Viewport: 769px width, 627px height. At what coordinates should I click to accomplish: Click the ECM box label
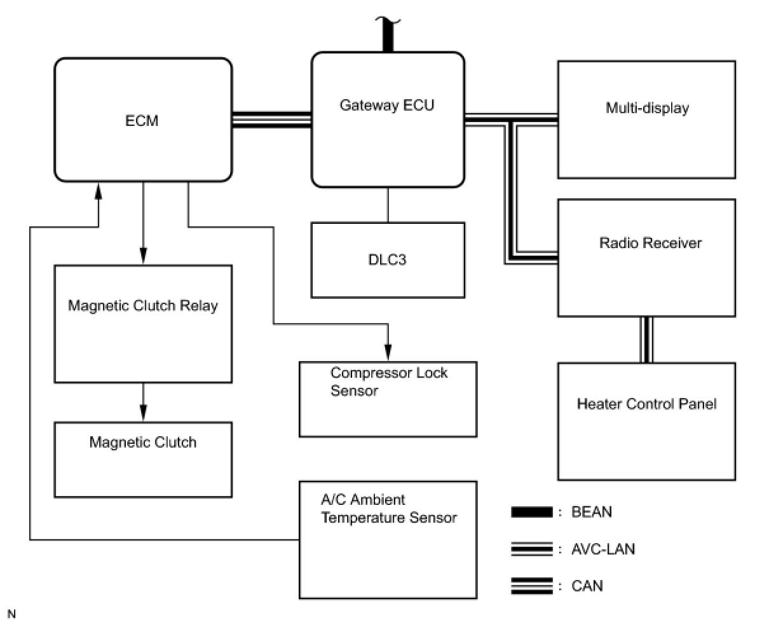tap(142, 121)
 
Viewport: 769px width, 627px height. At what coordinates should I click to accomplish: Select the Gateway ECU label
tap(387, 106)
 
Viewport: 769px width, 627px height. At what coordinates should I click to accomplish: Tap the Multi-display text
tap(647, 107)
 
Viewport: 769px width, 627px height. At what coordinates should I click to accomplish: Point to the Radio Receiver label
tap(650, 243)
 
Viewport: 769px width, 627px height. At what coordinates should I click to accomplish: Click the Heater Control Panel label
tap(646, 404)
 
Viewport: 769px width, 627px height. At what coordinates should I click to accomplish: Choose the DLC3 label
tap(387, 259)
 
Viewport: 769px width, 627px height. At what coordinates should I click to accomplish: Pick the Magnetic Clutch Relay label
tap(143, 306)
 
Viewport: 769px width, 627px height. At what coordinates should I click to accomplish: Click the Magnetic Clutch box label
tap(143, 442)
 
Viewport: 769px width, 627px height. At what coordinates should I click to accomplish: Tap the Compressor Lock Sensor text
tap(388, 382)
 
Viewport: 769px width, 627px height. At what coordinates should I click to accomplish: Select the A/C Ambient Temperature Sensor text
tap(388, 509)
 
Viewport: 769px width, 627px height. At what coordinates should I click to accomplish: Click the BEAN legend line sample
tap(532, 513)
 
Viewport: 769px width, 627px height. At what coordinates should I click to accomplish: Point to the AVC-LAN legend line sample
tap(532, 549)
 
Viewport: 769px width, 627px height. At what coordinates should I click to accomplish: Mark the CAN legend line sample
tap(532, 586)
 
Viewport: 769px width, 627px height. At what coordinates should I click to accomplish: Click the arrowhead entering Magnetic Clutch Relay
tap(143, 258)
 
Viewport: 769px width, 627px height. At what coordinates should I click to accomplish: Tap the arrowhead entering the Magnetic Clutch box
tap(143, 414)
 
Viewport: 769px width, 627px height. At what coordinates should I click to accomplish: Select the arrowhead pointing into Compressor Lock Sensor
tap(388, 354)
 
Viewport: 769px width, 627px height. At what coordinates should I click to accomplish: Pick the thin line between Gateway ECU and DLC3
tap(388, 205)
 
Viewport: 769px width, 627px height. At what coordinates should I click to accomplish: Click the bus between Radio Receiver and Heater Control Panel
tap(646, 340)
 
